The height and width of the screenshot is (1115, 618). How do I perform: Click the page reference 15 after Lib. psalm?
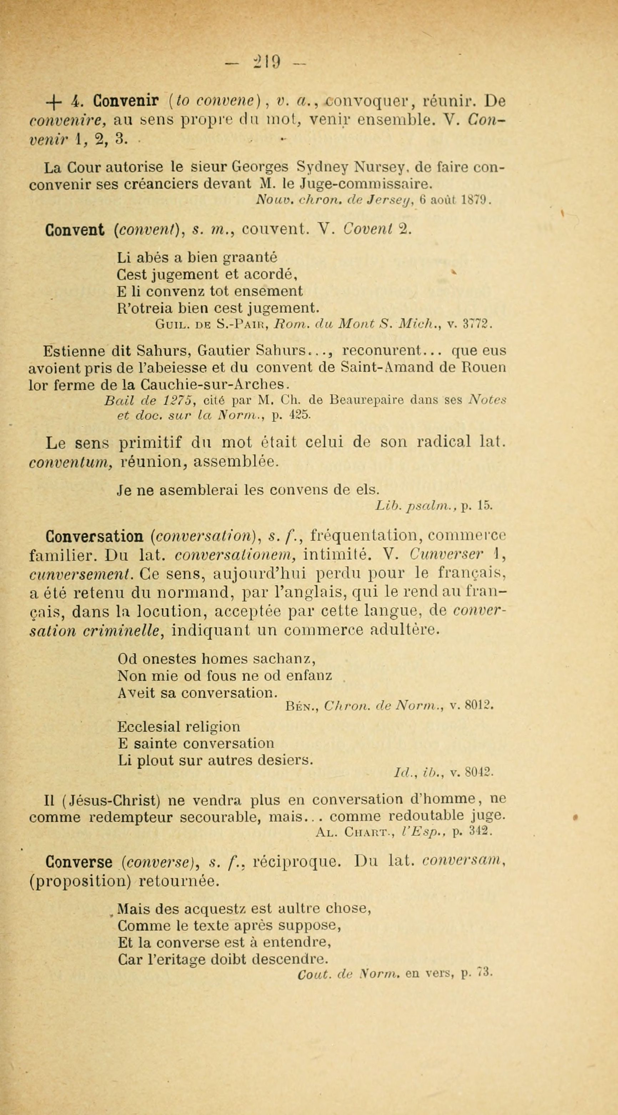[484, 505]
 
